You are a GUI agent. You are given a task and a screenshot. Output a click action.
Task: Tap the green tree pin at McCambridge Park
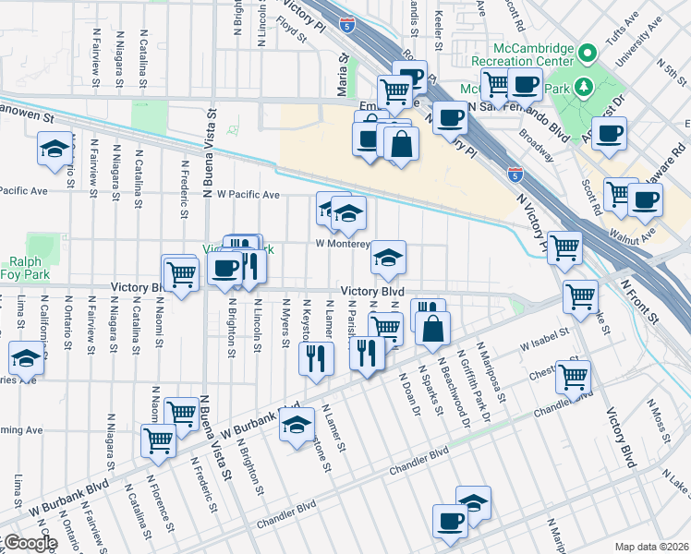pyautogui.click(x=583, y=87)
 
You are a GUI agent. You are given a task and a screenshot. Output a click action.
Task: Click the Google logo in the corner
pyautogui.click(x=30, y=543)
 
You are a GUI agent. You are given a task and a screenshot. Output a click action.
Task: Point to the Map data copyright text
pyautogui.click(x=651, y=547)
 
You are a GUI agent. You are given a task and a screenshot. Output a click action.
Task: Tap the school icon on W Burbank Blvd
pyautogui.click(x=296, y=425)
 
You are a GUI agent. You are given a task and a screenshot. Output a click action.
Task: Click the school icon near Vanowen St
pyautogui.click(x=55, y=148)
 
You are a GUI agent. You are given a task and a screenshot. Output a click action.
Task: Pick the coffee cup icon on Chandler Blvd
pyautogui.click(x=450, y=521)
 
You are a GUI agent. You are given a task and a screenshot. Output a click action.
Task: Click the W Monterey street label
pyautogui.click(x=343, y=245)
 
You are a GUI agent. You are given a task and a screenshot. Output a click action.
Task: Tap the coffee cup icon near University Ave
pyautogui.click(x=609, y=133)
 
